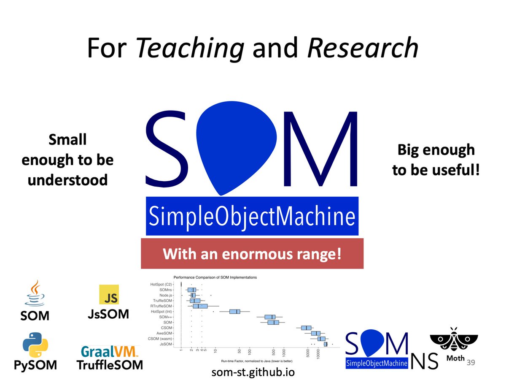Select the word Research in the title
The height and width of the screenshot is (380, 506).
363,49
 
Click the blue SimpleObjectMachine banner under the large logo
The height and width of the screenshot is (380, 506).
252,216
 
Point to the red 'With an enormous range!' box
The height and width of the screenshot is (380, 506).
252,254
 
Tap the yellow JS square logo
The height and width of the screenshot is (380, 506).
109,294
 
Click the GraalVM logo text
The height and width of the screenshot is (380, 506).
109,352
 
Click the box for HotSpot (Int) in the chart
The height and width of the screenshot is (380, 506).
234,312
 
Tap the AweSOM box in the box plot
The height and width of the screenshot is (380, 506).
315,333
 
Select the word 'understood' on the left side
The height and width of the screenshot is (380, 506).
67,180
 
